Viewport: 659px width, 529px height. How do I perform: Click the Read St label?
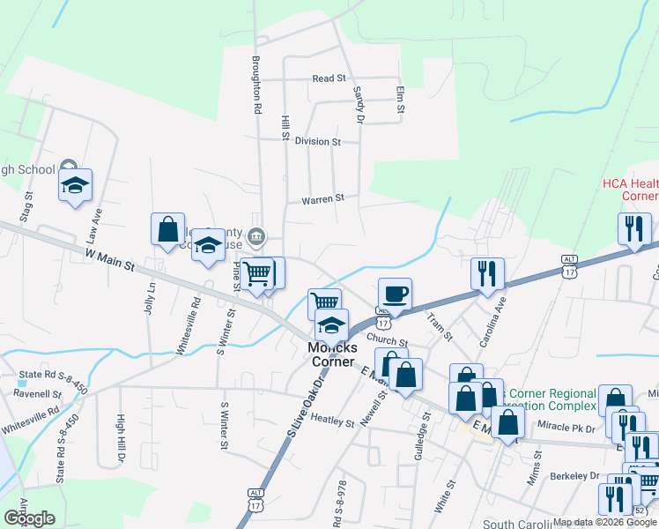coord(329,78)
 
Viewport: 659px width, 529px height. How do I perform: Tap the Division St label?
coord(317,141)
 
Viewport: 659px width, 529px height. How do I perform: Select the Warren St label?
coord(322,200)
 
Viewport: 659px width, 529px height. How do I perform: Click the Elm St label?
coord(400,100)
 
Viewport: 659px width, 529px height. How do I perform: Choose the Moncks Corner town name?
coord(330,355)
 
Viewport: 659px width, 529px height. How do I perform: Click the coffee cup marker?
coord(395,294)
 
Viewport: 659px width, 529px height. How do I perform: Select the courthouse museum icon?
coord(256,235)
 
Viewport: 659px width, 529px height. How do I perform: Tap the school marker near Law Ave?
coord(76,186)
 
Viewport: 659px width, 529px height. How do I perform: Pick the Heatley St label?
coord(331,422)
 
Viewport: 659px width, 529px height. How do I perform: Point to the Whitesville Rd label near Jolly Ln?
coord(187,324)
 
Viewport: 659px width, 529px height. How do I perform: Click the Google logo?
coord(29,518)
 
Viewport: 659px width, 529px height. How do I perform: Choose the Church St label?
coord(388,342)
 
